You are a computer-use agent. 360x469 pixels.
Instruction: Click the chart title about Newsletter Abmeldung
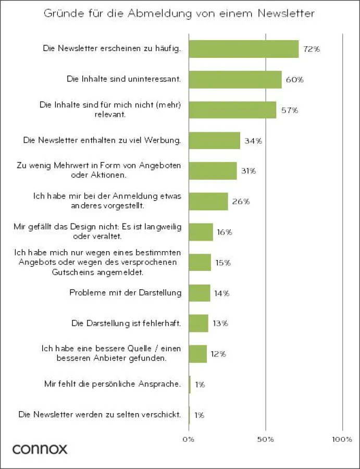point(180,13)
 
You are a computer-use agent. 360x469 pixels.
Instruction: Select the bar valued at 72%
point(243,49)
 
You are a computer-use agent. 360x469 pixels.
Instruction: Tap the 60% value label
point(294,80)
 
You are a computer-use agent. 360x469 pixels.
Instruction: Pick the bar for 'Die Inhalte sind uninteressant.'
point(235,80)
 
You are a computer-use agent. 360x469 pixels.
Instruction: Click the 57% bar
point(232,110)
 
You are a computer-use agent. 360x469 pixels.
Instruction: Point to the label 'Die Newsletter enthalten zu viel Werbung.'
point(102,141)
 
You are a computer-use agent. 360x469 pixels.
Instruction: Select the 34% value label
point(254,141)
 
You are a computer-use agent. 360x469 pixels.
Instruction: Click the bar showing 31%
point(213,171)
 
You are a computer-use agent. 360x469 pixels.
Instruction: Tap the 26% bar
point(208,201)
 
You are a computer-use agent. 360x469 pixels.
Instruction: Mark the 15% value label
point(223,263)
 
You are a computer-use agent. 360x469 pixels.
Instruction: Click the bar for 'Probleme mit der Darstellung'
point(200,293)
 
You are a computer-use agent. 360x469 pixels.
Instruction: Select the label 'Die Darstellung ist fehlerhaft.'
point(126,323)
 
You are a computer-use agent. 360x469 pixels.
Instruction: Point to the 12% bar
point(198,354)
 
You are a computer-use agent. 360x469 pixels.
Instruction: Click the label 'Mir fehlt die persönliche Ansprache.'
point(113,385)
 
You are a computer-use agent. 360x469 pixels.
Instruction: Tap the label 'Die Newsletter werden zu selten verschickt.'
point(100,415)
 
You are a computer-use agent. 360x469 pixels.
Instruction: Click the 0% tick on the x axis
point(189,440)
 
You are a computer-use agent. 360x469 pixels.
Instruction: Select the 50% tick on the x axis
point(266,440)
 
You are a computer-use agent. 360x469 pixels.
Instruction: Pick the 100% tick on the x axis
point(342,440)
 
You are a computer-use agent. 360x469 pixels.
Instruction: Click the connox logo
point(40,449)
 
